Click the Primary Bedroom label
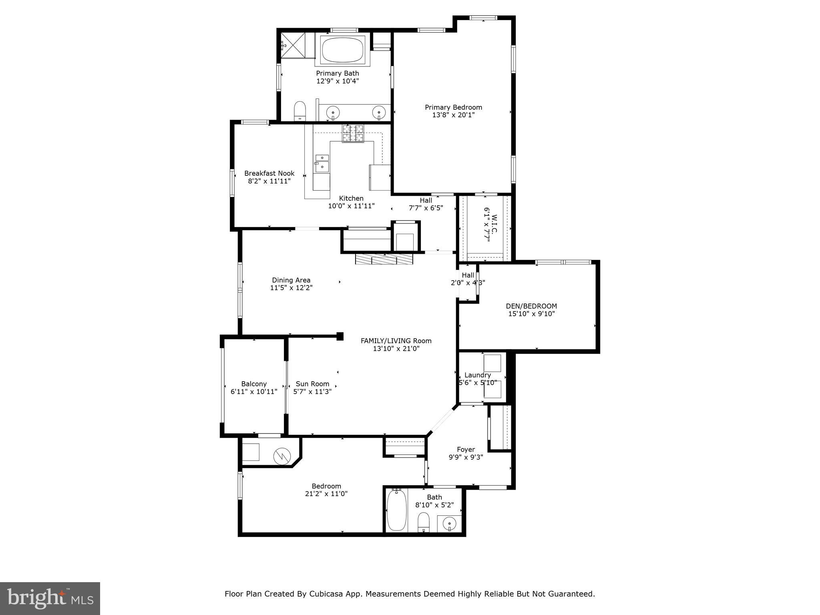(453, 107)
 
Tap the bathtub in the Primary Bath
(343, 50)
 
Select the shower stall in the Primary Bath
(293, 45)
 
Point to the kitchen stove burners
(353, 133)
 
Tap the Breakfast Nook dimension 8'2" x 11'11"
(269, 181)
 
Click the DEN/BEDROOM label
(531, 306)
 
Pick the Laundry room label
(478, 375)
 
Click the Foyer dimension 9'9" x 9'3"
(466, 457)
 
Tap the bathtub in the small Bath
(396, 511)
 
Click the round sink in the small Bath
(449, 523)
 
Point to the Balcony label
(254, 384)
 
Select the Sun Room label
(312, 384)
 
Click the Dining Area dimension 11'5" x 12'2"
(291, 287)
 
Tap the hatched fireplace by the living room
(384, 259)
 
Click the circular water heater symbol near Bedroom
(281, 456)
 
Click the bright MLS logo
(50, 598)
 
